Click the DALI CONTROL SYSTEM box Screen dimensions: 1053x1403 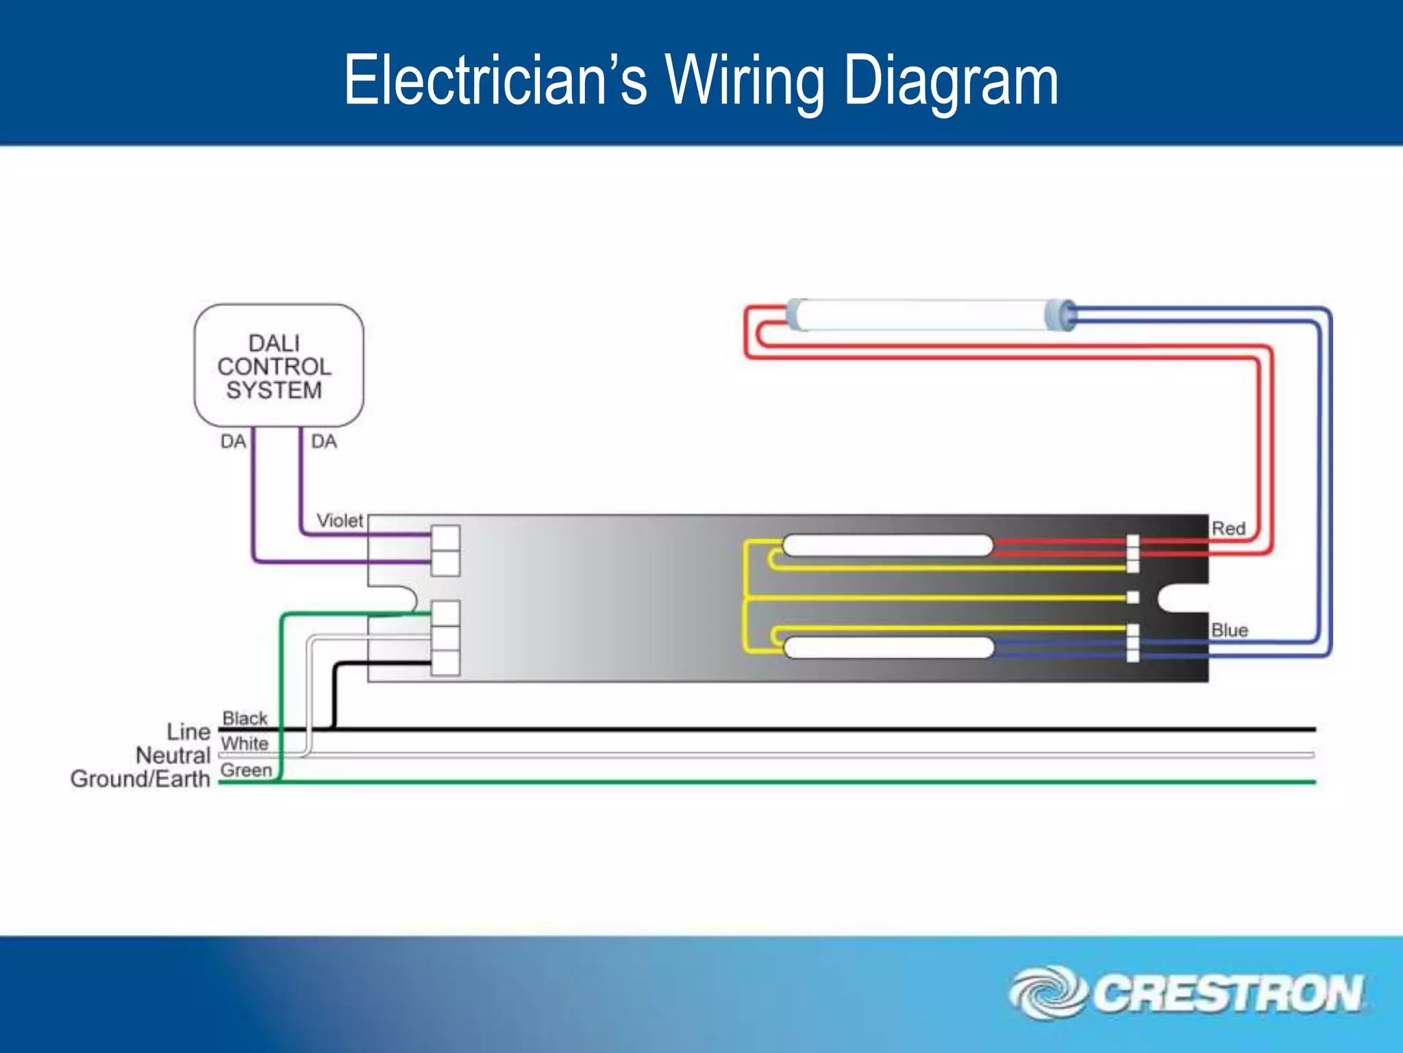pyautogui.click(x=278, y=366)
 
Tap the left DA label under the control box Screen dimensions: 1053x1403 pyautogui.click(x=233, y=441)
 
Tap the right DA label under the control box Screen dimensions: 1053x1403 pyautogui.click(x=324, y=441)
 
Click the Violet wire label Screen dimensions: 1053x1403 pyautogui.click(x=340, y=521)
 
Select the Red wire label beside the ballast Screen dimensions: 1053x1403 pyautogui.click(x=1228, y=529)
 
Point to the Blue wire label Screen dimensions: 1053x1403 pyautogui.click(x=1230, y=630)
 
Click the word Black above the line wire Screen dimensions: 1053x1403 pyautogui.click(x=245, y=718)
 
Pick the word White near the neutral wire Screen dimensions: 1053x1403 pyautogui.click(x=245, y=743)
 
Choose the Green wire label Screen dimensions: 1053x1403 pyautogui.click(x=247, y=770)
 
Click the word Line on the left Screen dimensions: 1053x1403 pyautogui.click(x=188, y=731)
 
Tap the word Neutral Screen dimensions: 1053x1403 pyautogui.click(x=173, y=755)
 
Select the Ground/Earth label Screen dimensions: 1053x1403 pyautogui.click(x=140, y=779)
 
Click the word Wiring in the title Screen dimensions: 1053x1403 pyautogui.click(x=745, y=82)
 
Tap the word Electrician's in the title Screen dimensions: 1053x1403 pyautogui.click(x=495, y=82)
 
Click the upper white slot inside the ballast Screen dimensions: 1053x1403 pyautogui.click(x=888, y=546)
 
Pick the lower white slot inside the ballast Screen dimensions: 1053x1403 pyautogui.click(x=889, y=647)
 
